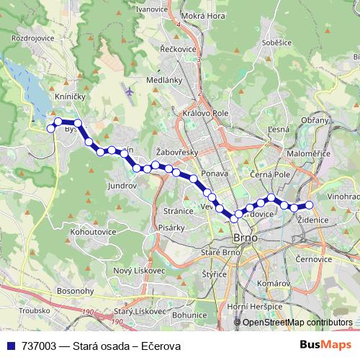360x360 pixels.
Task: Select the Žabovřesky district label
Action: coord(177,152)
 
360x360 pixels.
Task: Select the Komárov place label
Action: coord(273,284)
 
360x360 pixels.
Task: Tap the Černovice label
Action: coord(313,257)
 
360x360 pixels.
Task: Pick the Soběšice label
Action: coord(276,43)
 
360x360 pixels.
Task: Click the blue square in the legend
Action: coord(10,346)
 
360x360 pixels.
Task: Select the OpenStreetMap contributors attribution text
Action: coord(297,323)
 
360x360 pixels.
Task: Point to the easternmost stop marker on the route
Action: coord(310,205)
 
